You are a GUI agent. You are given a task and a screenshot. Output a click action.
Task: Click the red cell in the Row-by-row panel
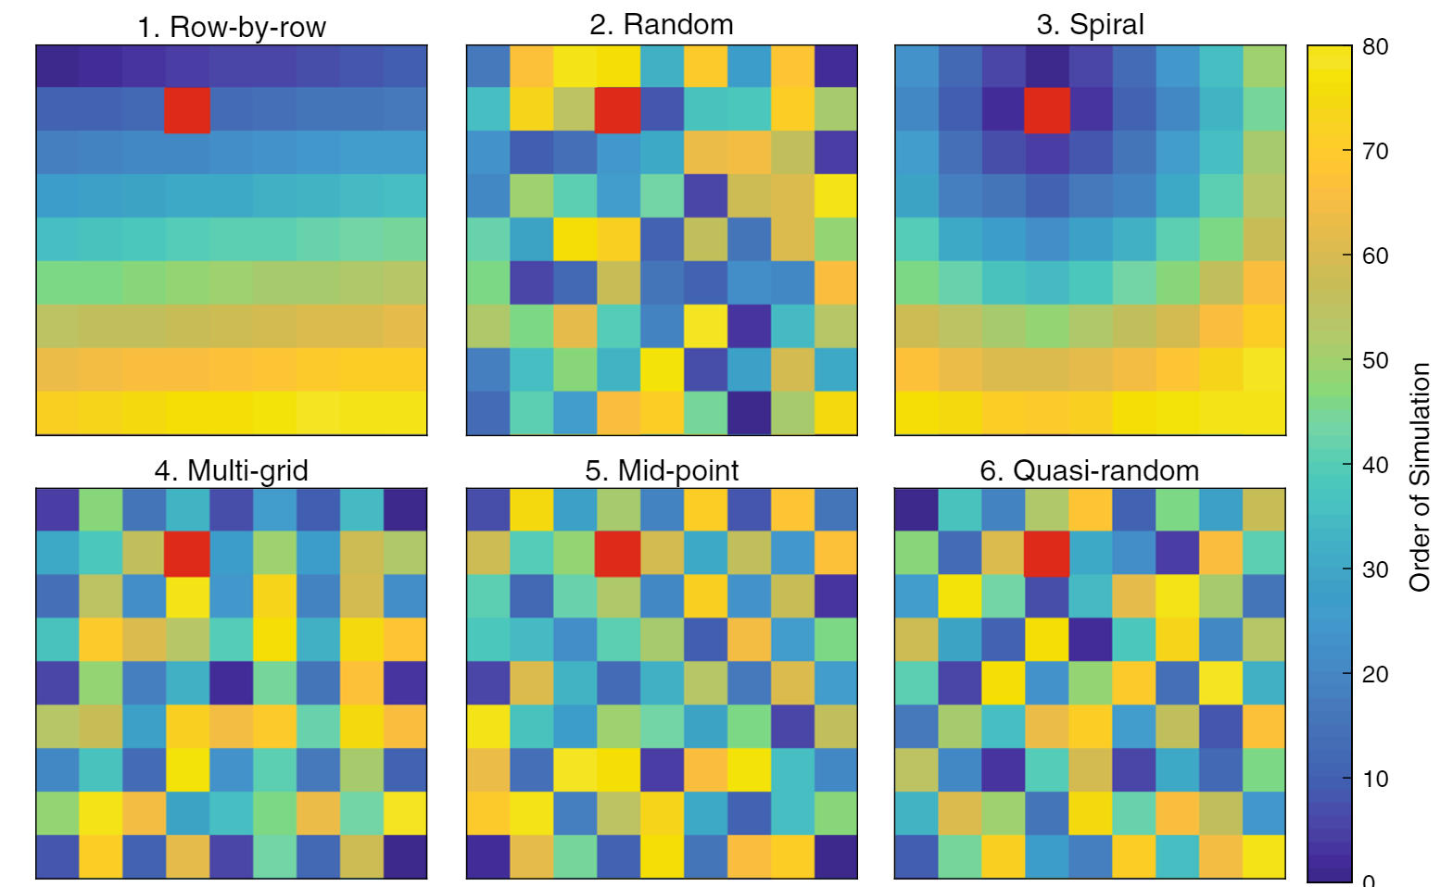187,110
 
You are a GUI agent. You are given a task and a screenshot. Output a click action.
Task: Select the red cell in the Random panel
618,110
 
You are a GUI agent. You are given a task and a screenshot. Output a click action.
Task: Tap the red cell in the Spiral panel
1047,110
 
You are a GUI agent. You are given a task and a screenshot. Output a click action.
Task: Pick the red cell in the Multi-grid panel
187,553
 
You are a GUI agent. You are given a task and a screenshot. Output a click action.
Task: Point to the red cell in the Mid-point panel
618,553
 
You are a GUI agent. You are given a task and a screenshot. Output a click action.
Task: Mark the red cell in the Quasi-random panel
1047,553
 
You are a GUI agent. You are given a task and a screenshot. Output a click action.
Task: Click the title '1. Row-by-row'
232,27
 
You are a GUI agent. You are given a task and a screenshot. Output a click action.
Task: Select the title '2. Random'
662,24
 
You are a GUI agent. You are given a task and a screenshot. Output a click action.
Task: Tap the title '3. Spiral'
1091,24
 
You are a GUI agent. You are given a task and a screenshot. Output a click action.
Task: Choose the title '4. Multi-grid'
232,470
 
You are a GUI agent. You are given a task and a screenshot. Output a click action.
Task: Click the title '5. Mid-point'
662,470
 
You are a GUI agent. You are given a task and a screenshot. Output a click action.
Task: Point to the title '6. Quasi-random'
1090,470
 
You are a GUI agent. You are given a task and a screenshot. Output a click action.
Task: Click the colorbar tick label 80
1375,46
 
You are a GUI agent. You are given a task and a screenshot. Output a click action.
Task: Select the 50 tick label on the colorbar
1375,360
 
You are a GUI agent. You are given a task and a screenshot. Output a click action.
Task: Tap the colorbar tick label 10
1375,779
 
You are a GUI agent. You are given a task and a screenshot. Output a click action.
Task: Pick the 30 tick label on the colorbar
1375,569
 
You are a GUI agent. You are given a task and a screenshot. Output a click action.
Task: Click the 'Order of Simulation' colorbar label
1420,477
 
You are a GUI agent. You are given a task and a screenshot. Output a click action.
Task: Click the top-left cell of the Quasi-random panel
916,509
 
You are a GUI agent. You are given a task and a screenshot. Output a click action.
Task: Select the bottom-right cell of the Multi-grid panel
405,856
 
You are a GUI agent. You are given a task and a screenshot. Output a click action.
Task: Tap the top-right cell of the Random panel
836,67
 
